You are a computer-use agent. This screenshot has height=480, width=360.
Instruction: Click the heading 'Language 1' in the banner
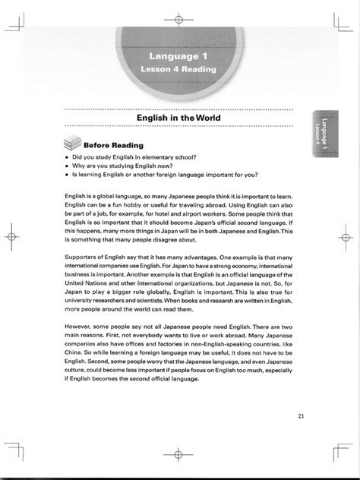click(179, 55)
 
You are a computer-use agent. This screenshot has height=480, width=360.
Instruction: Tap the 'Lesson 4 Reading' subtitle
click(179, 69)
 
